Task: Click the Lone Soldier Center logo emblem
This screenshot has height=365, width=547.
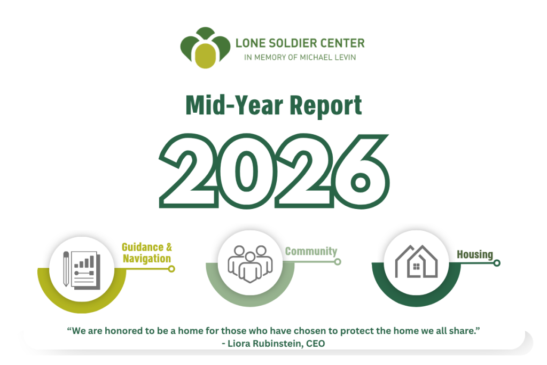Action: click(205, 48)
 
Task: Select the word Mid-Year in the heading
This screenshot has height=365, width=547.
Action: click(235, 105)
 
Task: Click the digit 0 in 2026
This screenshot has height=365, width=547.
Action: click(246, 171)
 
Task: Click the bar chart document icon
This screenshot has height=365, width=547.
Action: click(86, 270)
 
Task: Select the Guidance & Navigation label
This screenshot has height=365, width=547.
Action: click(147, 253)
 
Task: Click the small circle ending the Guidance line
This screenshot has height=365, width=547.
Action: click(171, 269)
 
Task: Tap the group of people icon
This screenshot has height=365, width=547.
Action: click(250, 263)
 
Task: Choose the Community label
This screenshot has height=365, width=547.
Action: click(311, 251)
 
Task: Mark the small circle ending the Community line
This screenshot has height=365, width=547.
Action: click(338, 262)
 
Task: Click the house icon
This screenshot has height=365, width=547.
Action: click(416, 261)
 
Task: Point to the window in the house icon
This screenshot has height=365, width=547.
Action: click(416, 267)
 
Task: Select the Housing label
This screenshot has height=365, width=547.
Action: click(475, 255)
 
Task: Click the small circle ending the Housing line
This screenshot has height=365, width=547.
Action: click(497, 263)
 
